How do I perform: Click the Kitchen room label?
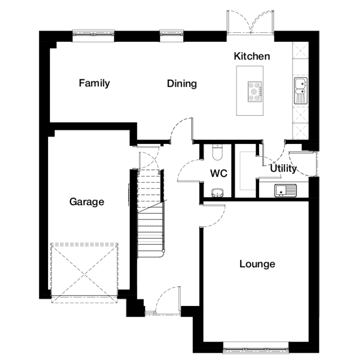(252, 56)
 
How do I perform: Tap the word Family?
(94, 83)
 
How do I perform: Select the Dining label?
(182, 84)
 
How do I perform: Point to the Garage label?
(87, 202)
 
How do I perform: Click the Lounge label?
(257, 264)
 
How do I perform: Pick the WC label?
(219, 173)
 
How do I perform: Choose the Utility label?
(283, 168)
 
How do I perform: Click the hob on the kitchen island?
(254, 92)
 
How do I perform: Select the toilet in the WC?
(217, 152)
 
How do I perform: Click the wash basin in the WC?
(217, 193)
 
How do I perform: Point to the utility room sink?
(285, 190)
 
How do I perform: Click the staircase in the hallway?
(151, 213)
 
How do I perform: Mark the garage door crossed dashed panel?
(84, 273)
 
